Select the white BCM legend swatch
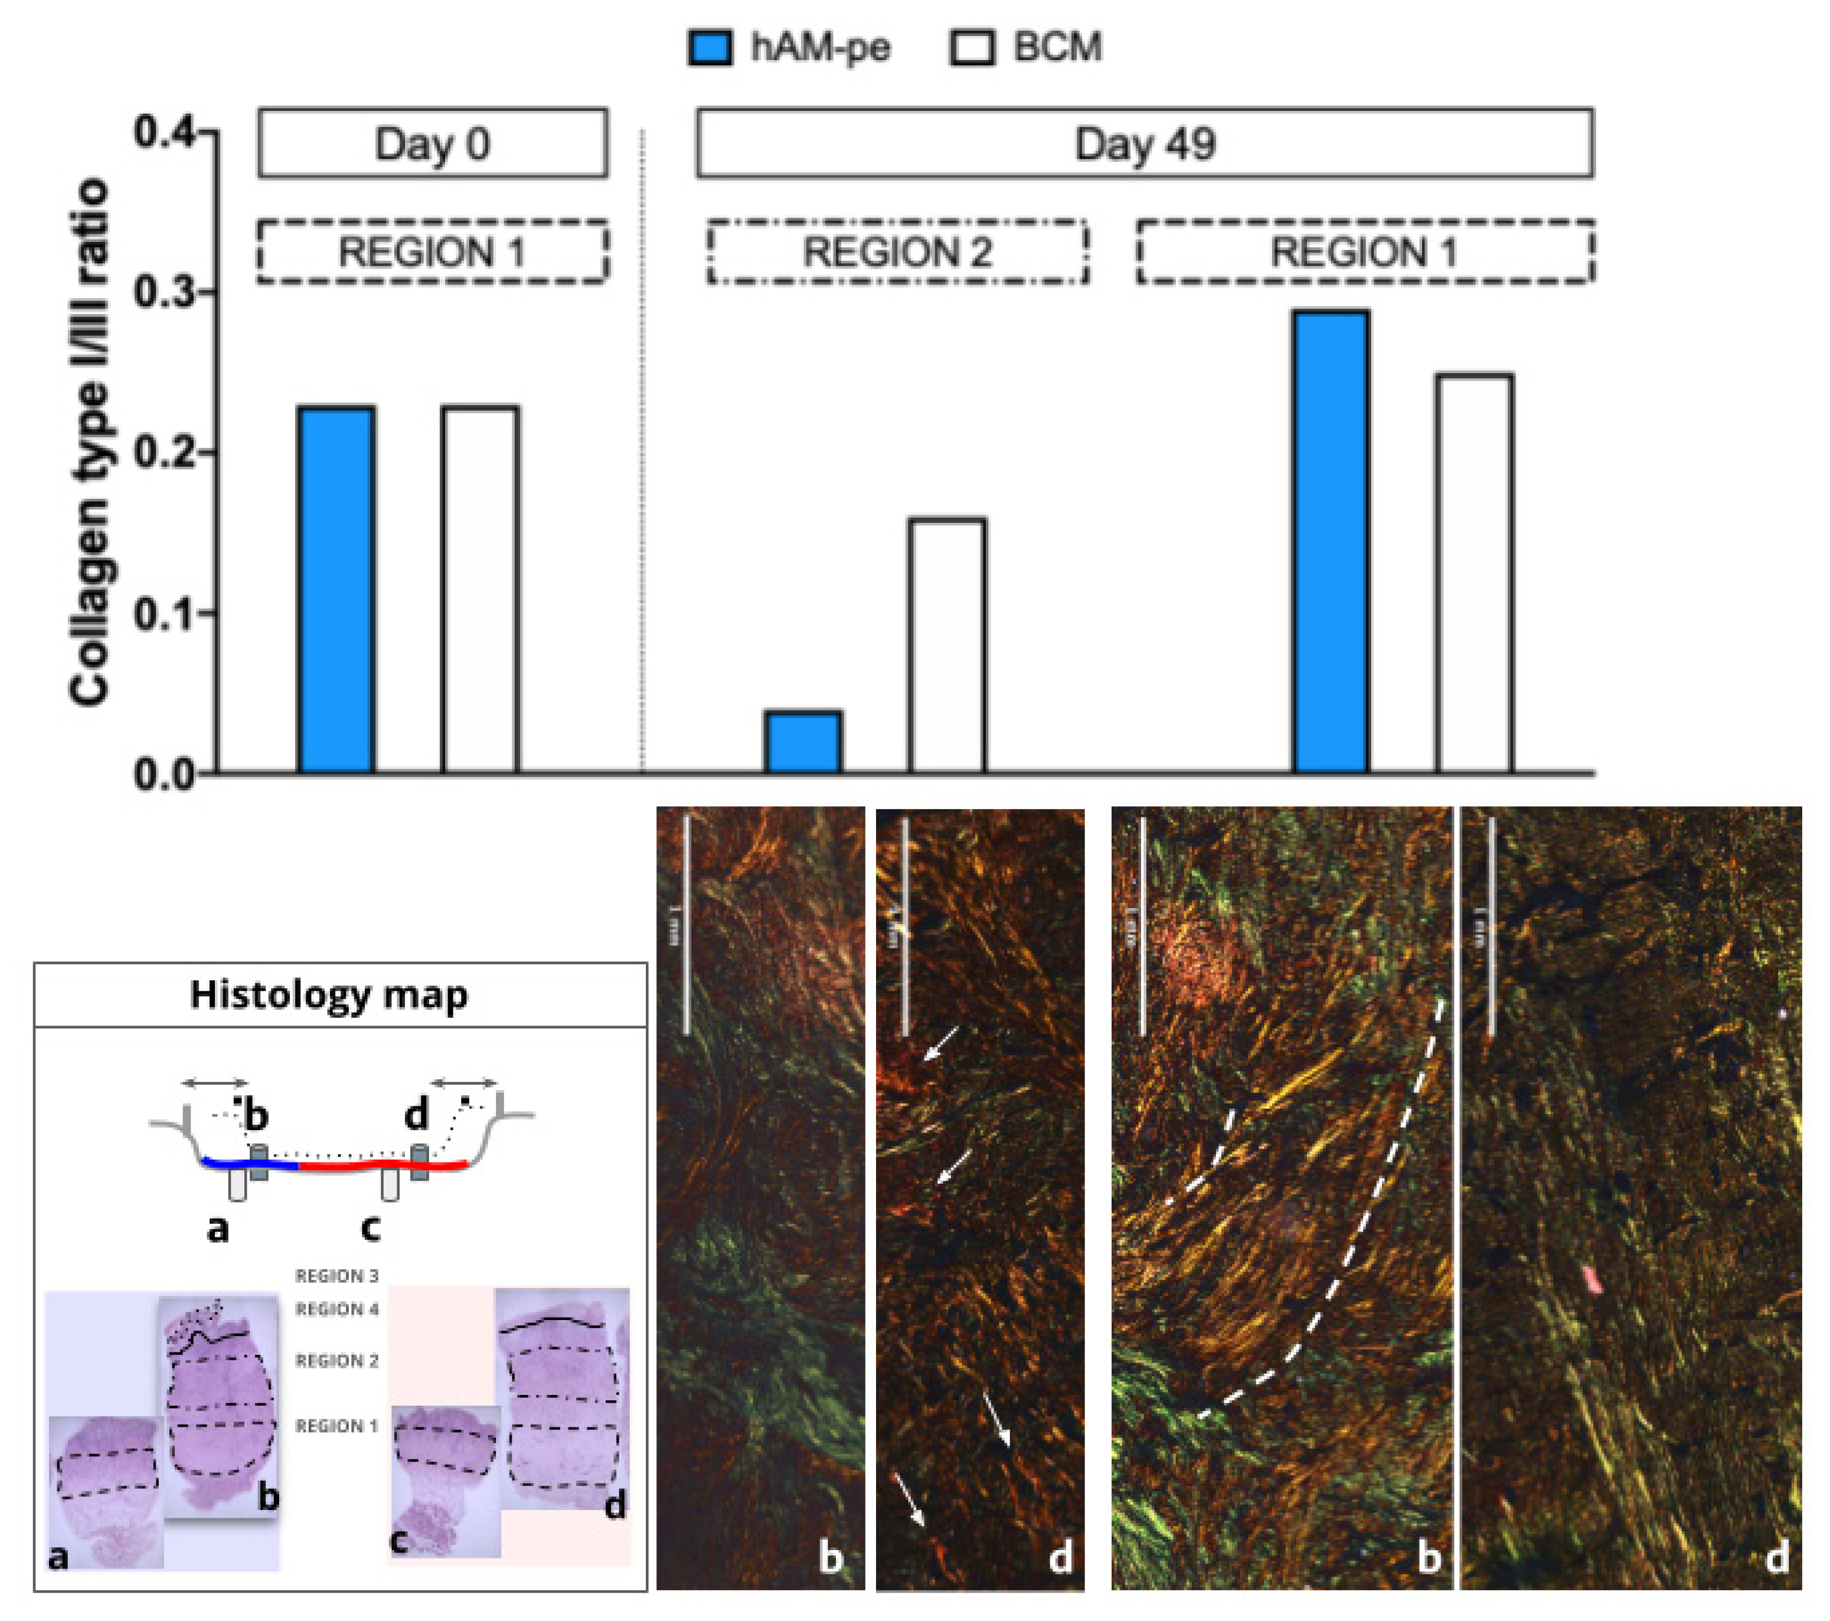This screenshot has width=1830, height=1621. coord(972,47)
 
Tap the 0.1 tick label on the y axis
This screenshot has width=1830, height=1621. coord(161,614)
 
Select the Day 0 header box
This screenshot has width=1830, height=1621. coord(433,143)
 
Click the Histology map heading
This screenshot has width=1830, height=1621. coord(329,994)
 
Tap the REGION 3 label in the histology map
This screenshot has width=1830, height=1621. coord(336,1275)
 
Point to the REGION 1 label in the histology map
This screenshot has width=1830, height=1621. coord(336,1426)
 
